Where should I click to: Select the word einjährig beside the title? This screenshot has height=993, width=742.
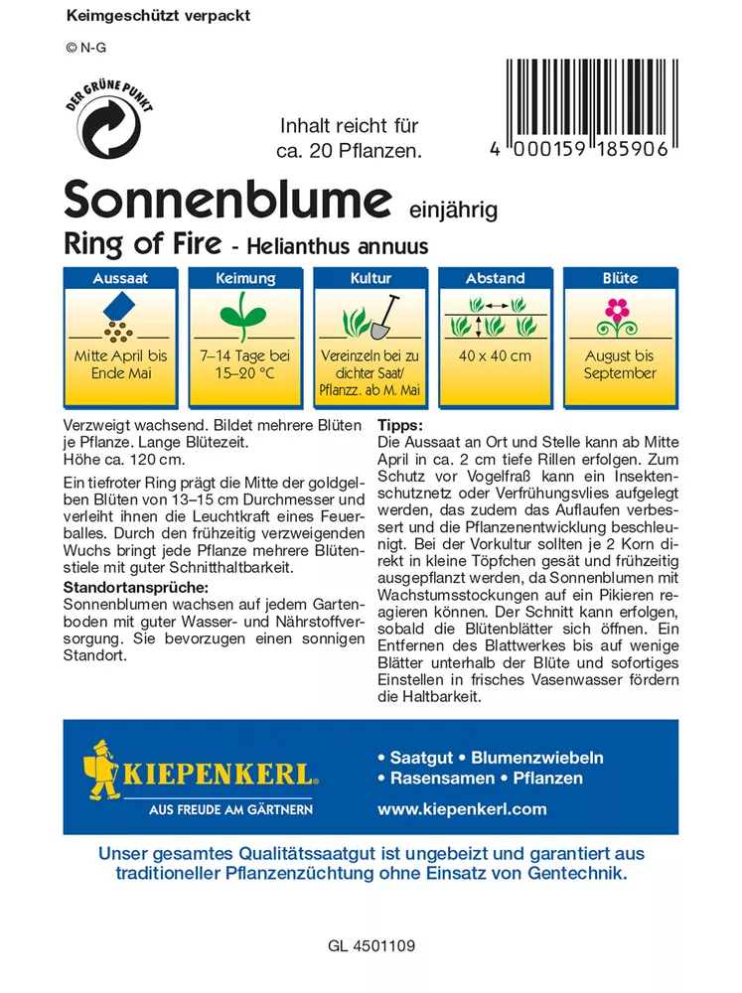(453, 210)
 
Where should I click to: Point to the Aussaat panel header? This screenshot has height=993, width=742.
(120, 279)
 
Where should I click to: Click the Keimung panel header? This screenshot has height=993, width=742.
(244, 279)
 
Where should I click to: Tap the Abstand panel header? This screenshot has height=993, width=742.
(495, 279)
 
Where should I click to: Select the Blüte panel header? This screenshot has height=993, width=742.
(620, 279)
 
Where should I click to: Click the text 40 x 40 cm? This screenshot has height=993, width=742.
(495, 355)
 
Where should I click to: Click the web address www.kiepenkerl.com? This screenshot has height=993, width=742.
(462, 808)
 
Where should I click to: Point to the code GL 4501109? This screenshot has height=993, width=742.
(371, 946)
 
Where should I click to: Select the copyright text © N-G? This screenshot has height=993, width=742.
(85, 47)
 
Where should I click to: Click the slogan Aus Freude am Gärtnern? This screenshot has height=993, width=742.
(230, 809)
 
